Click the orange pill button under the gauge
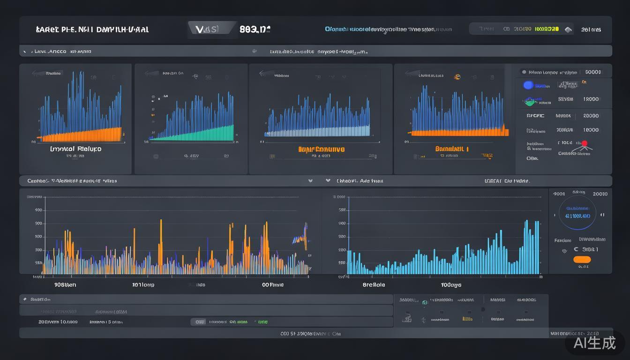click(x=582, y=260)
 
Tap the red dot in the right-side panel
click(x=584, y=143)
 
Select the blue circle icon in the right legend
click(x=528, y=85)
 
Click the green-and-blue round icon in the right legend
click(x=530, y=100)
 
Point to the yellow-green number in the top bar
click(x=547, y=29)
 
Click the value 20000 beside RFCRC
click(x=591, y=116)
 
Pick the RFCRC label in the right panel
click(x=535, y=116)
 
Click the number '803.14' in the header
click(x=255, y=29)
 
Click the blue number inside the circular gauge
click(x=577, y=216)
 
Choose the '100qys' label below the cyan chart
click(x=451, y=285)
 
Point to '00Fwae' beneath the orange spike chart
click(x=272, y=285)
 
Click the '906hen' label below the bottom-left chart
click(x=65, y=285)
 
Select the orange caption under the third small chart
click(x=321, y=150)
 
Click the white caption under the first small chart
click(x=75, y=149)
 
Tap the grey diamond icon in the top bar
click(x=568, y=30)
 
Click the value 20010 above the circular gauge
click(x=600, y=194)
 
